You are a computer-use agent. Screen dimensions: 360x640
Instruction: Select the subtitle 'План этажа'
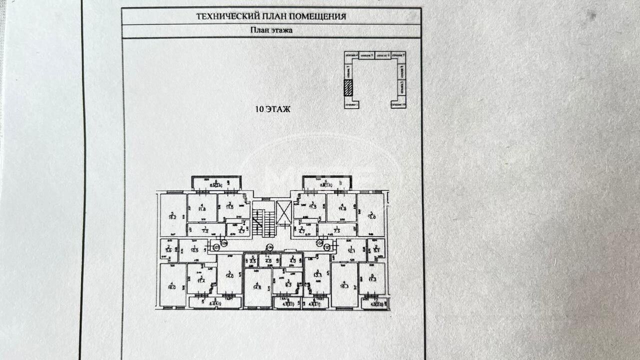click(271, 30)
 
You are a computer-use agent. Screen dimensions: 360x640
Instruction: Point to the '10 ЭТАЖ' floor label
click(272, 108)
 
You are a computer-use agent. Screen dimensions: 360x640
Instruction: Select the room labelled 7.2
click(204, 230)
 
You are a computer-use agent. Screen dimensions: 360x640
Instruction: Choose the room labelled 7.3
click(337, 230)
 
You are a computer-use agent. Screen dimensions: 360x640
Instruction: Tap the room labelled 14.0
click(229, 274)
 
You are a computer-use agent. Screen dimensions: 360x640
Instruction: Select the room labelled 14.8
click(257, 287)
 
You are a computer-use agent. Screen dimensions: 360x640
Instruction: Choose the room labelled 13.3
click(316, 274)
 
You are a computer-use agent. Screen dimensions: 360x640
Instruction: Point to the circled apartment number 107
click(216, 246)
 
